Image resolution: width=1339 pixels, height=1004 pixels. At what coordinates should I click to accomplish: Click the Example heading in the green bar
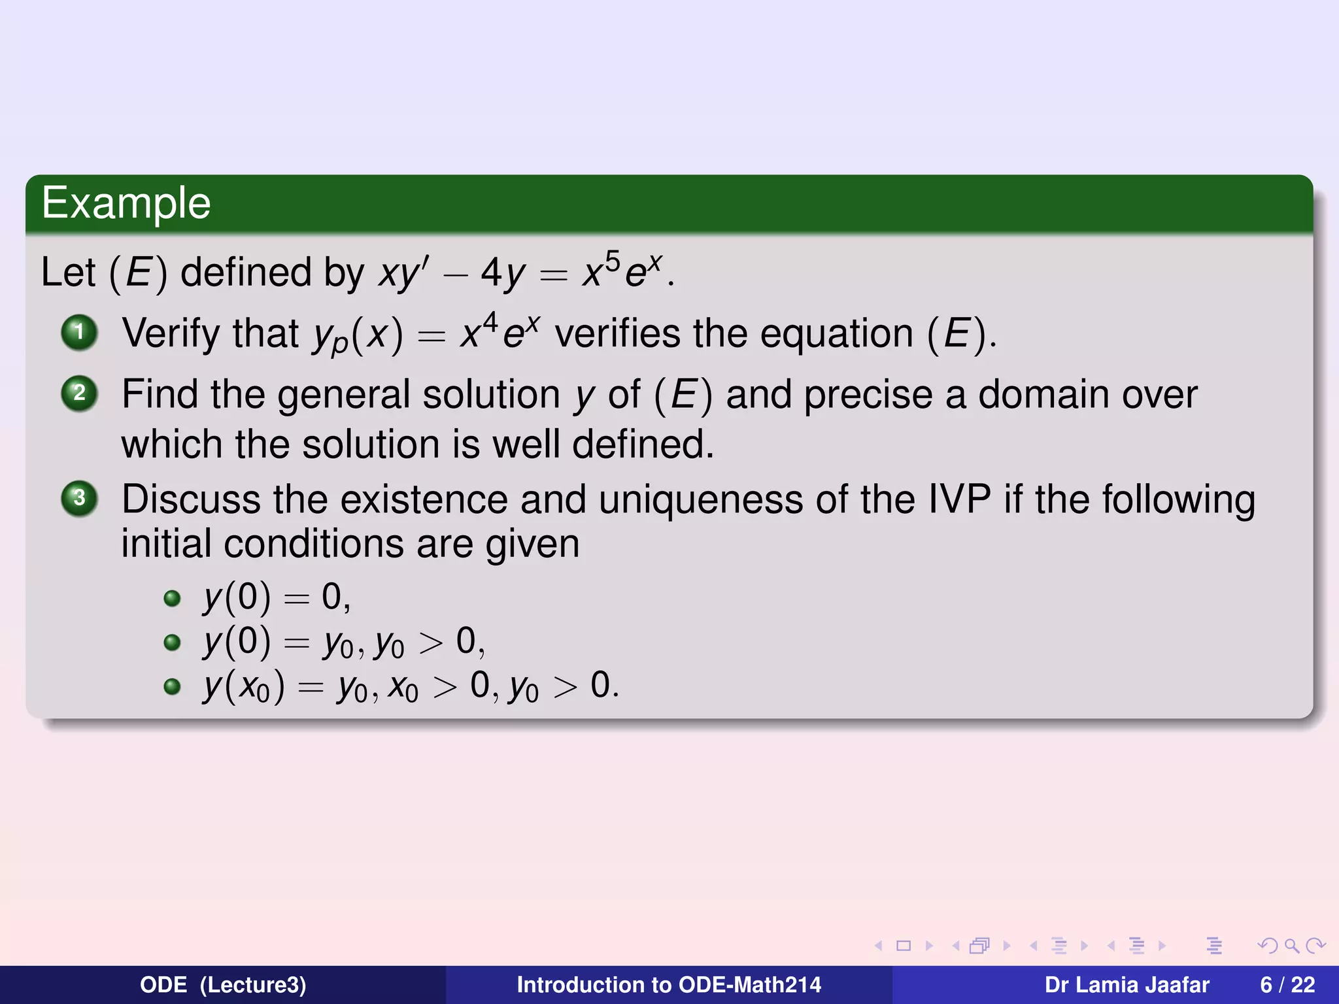point(126,203)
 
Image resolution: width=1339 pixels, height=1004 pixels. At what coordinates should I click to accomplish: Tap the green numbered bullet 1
point(79,332)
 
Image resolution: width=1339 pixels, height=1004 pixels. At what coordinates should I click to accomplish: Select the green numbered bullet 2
point(79,393)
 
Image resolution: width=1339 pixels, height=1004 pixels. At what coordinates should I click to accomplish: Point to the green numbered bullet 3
point(79,498)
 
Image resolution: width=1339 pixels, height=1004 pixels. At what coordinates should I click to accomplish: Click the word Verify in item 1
point(171,333)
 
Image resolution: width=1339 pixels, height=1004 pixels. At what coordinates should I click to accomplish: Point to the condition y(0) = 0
point(277,597)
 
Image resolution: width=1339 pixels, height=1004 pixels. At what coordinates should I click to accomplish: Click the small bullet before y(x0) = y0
point(172,686)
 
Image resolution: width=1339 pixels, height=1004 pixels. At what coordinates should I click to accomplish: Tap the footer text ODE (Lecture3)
point(223,984)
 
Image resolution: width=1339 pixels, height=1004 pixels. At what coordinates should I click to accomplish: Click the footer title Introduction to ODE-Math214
point(668,984)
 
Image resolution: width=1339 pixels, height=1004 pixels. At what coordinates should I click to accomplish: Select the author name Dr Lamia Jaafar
point(1127,984)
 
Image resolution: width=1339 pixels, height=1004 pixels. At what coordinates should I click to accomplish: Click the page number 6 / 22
point(1287,984)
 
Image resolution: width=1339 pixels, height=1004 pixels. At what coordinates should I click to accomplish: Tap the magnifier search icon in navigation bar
point(1291,945)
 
